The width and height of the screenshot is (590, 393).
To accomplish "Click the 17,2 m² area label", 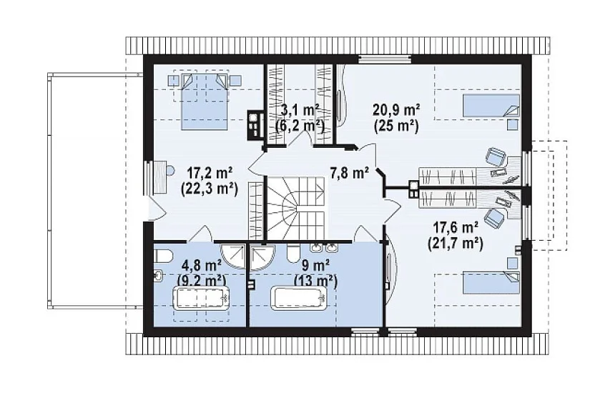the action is pos(210,174).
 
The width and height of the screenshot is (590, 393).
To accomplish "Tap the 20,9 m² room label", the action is pos(396,110).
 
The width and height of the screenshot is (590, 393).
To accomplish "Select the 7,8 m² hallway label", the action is pos(349,174).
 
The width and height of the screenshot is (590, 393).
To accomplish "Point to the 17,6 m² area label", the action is pos(456,228).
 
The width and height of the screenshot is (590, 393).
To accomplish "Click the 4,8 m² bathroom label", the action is pos(201,266).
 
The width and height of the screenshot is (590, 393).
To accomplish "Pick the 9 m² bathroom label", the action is pos(315,266).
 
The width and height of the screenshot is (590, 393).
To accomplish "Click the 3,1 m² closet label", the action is pos(300,110).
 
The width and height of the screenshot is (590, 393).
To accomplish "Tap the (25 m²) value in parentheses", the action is pos(396,126).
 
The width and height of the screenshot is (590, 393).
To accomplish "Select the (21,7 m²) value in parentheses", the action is pos(456,244).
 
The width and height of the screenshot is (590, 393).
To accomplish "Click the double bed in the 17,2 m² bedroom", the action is pos(205,101).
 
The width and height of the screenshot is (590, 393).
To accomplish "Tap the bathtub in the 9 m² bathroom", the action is pos(300,299).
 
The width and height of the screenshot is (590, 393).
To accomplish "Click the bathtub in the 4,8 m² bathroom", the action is pos(201,299).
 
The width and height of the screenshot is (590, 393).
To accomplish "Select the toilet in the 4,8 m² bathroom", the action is pos(162,256).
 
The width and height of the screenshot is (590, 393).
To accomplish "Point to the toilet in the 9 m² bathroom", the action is pos(292,253).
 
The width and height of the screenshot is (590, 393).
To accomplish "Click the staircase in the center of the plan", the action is pos(296,209).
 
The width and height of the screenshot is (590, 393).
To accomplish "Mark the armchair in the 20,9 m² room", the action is pos(495,156).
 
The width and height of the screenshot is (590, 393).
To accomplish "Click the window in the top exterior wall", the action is pos(384,59).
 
